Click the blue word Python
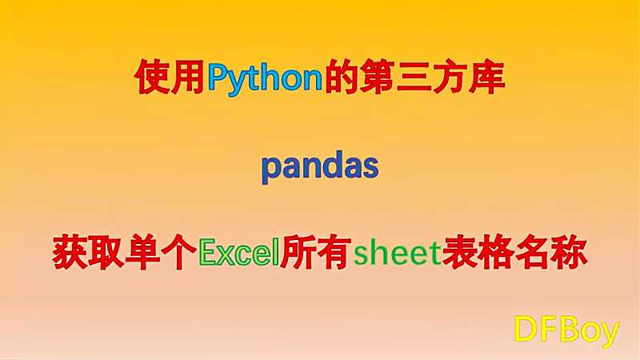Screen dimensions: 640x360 point(266,78)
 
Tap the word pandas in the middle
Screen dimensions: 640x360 point(320,167)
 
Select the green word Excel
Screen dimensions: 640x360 point(238,252)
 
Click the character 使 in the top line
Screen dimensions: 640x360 point(153,78)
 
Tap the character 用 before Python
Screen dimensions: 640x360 point(188,78)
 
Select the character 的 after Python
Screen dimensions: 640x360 point(342,78)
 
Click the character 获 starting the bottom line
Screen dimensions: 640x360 point(70,252)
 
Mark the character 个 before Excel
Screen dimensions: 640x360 point(179,252)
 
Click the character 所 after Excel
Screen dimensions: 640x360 point(298,252)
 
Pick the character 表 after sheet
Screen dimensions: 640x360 point(460,252)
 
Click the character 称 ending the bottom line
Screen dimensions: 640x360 point(570,252)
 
